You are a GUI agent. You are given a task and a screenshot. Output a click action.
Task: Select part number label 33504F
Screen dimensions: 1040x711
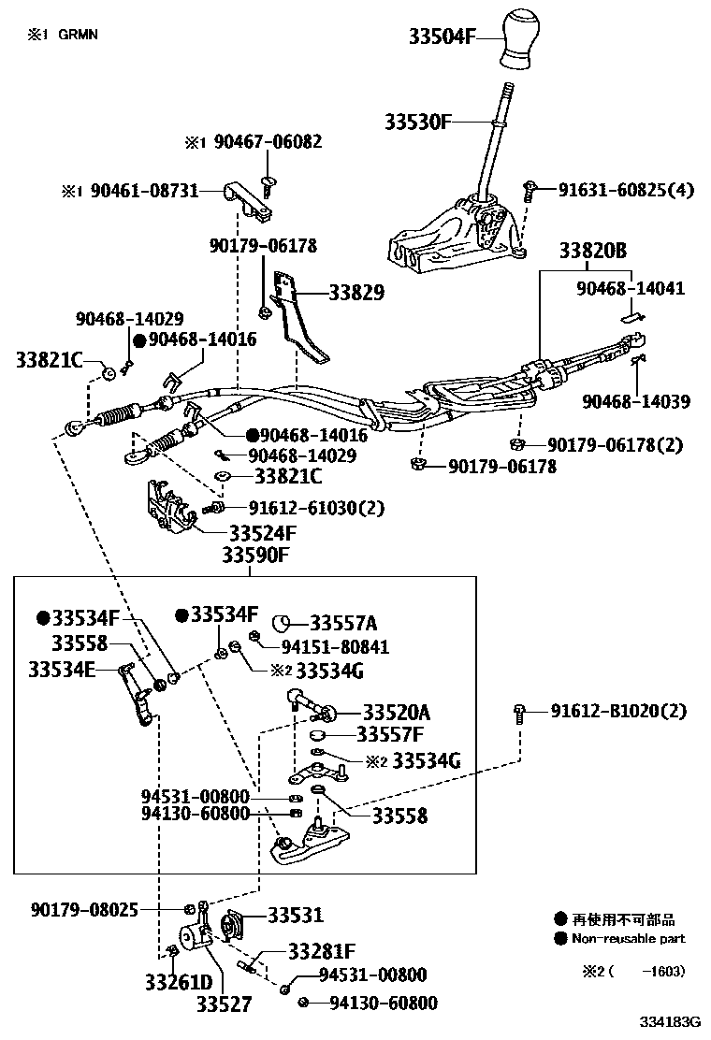pos(443,36)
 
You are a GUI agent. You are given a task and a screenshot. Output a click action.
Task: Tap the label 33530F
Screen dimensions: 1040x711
pos(418,122)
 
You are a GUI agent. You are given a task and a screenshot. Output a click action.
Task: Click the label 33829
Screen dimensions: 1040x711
pos(356,293)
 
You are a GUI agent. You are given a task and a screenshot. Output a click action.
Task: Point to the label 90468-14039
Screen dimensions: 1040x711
pos(636,401)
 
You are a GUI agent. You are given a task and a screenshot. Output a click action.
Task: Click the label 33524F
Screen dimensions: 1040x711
pos(262,534)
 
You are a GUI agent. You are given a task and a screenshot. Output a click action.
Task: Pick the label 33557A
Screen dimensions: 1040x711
pos(344,623)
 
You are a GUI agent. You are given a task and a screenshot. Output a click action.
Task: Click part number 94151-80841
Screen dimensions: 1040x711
pos(335,646)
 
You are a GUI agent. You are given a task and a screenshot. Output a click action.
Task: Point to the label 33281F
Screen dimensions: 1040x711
pos(321,952)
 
